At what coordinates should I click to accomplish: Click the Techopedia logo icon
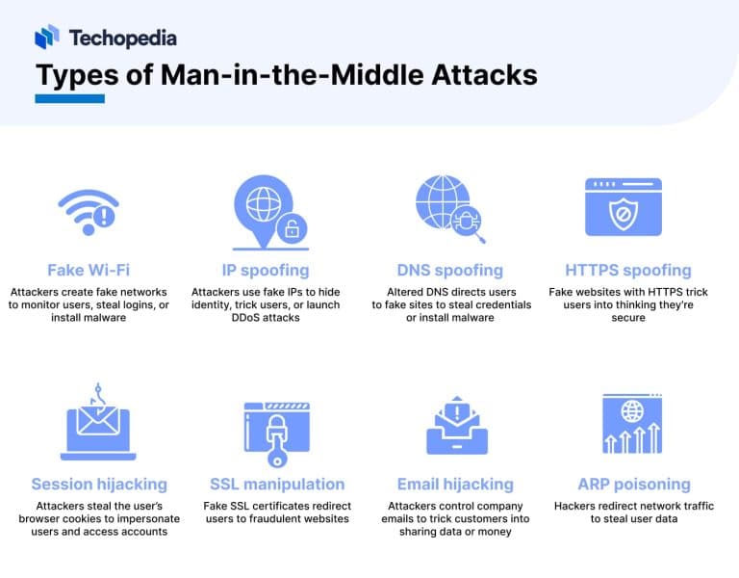(x=47, y=37)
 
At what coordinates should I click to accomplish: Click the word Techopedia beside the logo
(x=122, y=38)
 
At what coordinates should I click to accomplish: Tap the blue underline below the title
(x=69, y=97)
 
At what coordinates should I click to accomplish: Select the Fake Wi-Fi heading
(x=89, y=270)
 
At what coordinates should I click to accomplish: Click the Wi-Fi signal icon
(x=88, y=211)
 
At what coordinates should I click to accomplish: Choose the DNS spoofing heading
(x=450, y=270)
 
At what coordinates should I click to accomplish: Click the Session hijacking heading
(x=99, y=484)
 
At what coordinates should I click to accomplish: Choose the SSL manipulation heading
(x=277, y=484)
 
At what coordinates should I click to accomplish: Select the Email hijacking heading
(x=455, y=484)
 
